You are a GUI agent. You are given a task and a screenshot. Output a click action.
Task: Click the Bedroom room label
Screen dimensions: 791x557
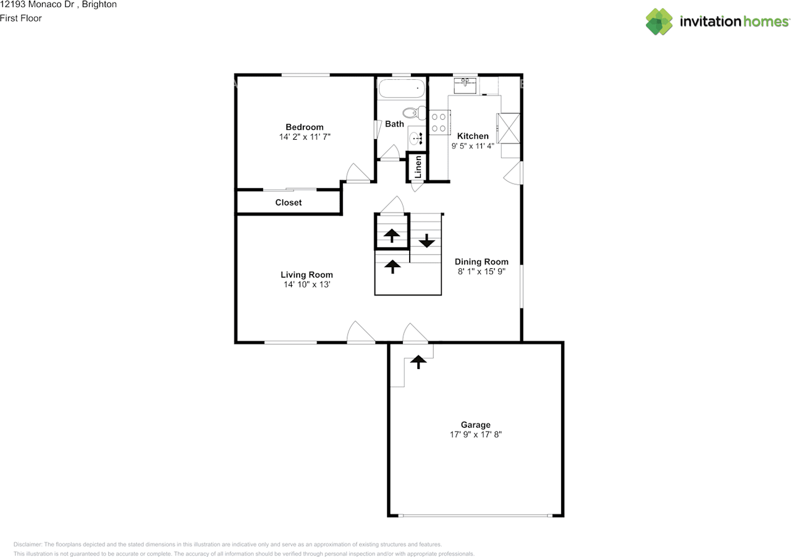pyautogui.click(x=305, y=127)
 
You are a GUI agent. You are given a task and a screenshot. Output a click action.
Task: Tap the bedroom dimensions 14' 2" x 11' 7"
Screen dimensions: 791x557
pyautogui.click(x=305, y=137)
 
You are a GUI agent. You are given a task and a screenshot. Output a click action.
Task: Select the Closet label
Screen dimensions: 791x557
pyautogui.click(x=289, y=202)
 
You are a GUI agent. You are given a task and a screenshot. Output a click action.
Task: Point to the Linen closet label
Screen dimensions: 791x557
pyautogui.click(x=418, y=167)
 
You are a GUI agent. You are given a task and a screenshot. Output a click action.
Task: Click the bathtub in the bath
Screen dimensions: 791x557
pyautogui.click(x=402, y=88)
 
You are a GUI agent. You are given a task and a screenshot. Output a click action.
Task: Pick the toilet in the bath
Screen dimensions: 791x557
pyautogui.click(x=414, y=113)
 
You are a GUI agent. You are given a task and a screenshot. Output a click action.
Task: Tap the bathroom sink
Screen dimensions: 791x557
pyautogui.click(x=416, y=138)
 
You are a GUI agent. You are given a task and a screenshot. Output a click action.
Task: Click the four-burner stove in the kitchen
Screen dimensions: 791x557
pyautogui.click(x=439, y=122)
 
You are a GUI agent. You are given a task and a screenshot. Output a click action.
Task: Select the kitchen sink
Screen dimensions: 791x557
pyautogui.click(x=465, y=85)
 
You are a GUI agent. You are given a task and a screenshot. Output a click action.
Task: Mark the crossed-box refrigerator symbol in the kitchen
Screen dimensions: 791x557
pyautogui.click(x=509, y=128)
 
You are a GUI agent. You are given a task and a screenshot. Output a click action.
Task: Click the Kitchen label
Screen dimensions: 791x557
pyautogui.click(x=473, y=136)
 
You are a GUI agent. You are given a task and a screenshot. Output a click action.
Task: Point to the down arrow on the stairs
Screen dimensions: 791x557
pyautogui.click(x=426, y=240)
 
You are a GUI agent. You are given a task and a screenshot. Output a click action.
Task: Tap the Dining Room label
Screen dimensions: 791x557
pyautogui.click(x=481, y=261)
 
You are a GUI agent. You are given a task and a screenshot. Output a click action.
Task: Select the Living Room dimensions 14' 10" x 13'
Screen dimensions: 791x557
pyautogui.click(x=307, y=284)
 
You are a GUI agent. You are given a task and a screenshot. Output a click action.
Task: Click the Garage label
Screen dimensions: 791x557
pyautogui.click(x=475, y=425)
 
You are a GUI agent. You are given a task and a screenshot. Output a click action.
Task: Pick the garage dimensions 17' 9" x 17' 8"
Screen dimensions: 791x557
pyautogui.click(x=476, y=435)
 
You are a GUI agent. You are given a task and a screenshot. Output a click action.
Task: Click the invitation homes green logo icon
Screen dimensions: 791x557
pyautogui.click(x=659, y=22)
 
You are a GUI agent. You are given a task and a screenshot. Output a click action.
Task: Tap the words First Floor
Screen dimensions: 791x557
pyautogui.click(x=21, y=19)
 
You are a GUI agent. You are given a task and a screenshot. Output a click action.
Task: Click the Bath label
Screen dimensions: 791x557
pyautogui.click(x=394, y=124)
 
